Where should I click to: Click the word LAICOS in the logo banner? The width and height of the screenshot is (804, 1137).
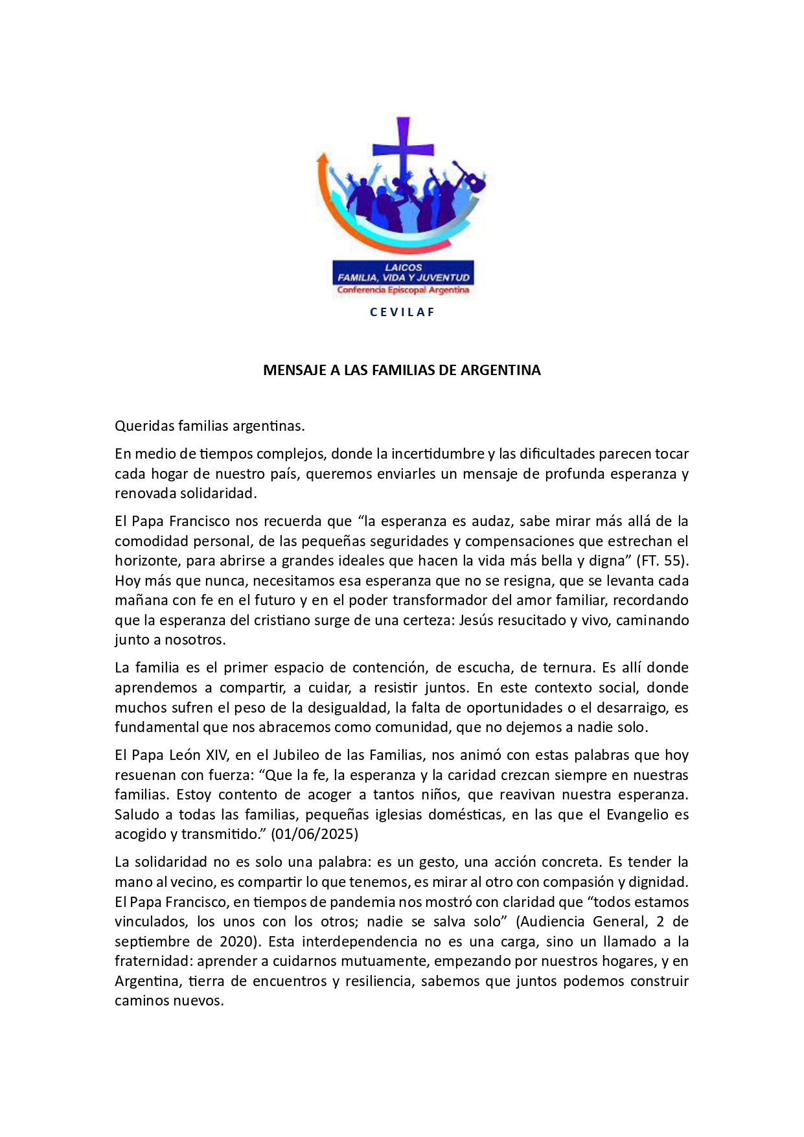[x=403, y=267]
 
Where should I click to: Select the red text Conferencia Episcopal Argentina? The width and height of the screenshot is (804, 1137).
[x=403, y=290]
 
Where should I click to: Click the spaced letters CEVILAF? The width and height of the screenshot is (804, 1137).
[x=402, y=312]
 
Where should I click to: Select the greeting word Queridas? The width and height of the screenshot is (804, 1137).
[x=144, y=426]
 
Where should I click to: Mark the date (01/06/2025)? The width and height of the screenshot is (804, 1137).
[x=315, y=834]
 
